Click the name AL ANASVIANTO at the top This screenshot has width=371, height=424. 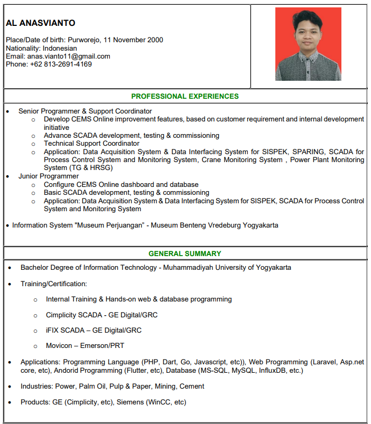coord(40,23)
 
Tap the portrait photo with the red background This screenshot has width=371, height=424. coord(308,44)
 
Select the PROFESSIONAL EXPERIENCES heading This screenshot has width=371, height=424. coord(185,97)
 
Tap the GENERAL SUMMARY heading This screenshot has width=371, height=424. coord(185,253)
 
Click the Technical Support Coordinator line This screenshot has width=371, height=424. coord(91,144)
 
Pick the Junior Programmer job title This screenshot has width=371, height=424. coord(49,176)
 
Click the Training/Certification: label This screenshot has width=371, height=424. coord(53,284)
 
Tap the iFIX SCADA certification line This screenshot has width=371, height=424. coord(94,331)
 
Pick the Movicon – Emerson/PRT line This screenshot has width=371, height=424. coord(85,346)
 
